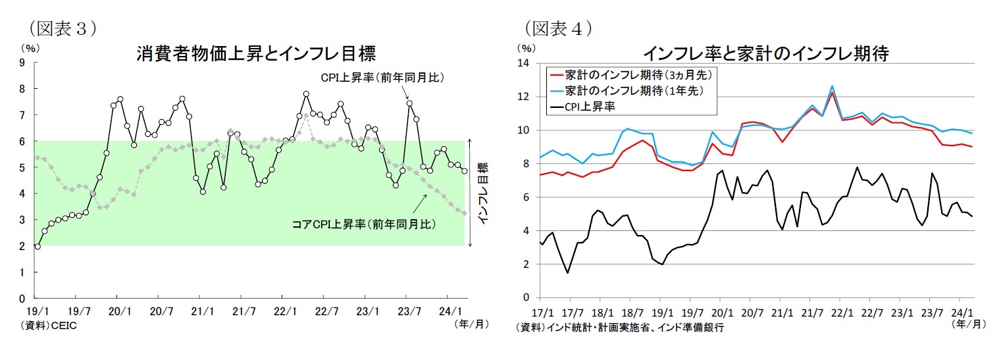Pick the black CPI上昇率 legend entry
pos(592,105)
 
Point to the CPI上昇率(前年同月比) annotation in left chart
pos(383,78)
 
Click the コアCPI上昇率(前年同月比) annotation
pos(363,224)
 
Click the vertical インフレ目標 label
pos(482,193)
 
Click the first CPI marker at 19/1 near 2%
pos(38,246)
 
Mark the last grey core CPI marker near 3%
pos(465,213)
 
